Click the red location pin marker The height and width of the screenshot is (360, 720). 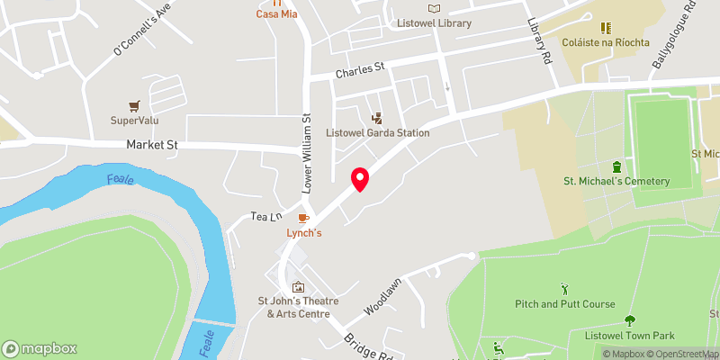tap(360, 179)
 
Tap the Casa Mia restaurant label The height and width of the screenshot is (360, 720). tap(276, 13)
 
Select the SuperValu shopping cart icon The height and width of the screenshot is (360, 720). tap(135, 105)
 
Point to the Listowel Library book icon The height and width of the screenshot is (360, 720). tap(435, 8)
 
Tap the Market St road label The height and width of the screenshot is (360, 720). tap(149, 144)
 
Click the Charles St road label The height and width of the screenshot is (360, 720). tap(359, 68)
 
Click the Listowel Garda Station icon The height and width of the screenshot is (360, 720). tap(377, 118)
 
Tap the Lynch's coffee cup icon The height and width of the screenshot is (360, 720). tap(304, 218)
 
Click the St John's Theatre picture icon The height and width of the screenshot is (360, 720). tap(298, 287)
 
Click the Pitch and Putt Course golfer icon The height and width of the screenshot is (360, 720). tap(565, 289)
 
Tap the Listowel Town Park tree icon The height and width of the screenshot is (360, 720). tap(628, 320)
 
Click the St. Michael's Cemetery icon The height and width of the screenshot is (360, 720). tap(616, 166)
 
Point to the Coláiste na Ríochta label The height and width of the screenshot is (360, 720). tap(606, 42)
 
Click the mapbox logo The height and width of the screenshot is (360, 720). tap(40, 348)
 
